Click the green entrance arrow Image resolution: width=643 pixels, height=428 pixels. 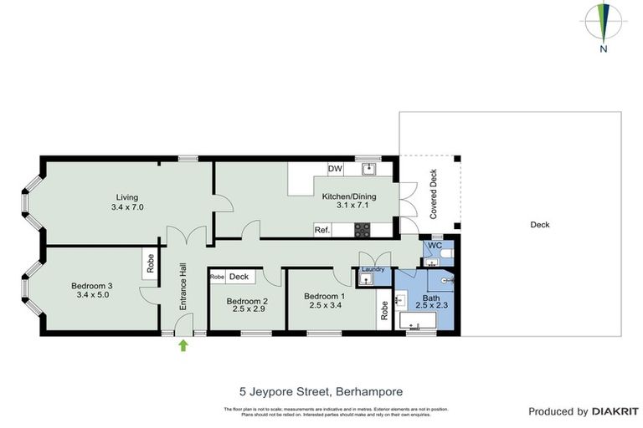coord(183,345)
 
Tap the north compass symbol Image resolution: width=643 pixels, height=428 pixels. coord(603,25)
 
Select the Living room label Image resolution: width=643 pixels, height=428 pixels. coord(131,201)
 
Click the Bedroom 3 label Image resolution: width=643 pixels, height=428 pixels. coord(93,289)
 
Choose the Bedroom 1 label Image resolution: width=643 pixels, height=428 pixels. coord(324,300)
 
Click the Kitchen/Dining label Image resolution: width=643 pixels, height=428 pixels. coord(349,201)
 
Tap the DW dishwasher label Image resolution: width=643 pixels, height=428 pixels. coord(336,169)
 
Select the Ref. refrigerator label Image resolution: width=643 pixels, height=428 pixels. coord(322,230)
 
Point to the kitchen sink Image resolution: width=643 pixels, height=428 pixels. coord(369,169)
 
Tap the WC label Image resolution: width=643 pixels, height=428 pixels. coord(435,247)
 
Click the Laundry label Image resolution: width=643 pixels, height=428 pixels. coord(373,269)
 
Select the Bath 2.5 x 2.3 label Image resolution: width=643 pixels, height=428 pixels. coord(430,302)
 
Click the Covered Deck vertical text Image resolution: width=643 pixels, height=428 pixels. coord(433,195)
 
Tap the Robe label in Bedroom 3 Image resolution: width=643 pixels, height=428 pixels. coord(151,265)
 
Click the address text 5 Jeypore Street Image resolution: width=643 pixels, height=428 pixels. coord(321,390)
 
